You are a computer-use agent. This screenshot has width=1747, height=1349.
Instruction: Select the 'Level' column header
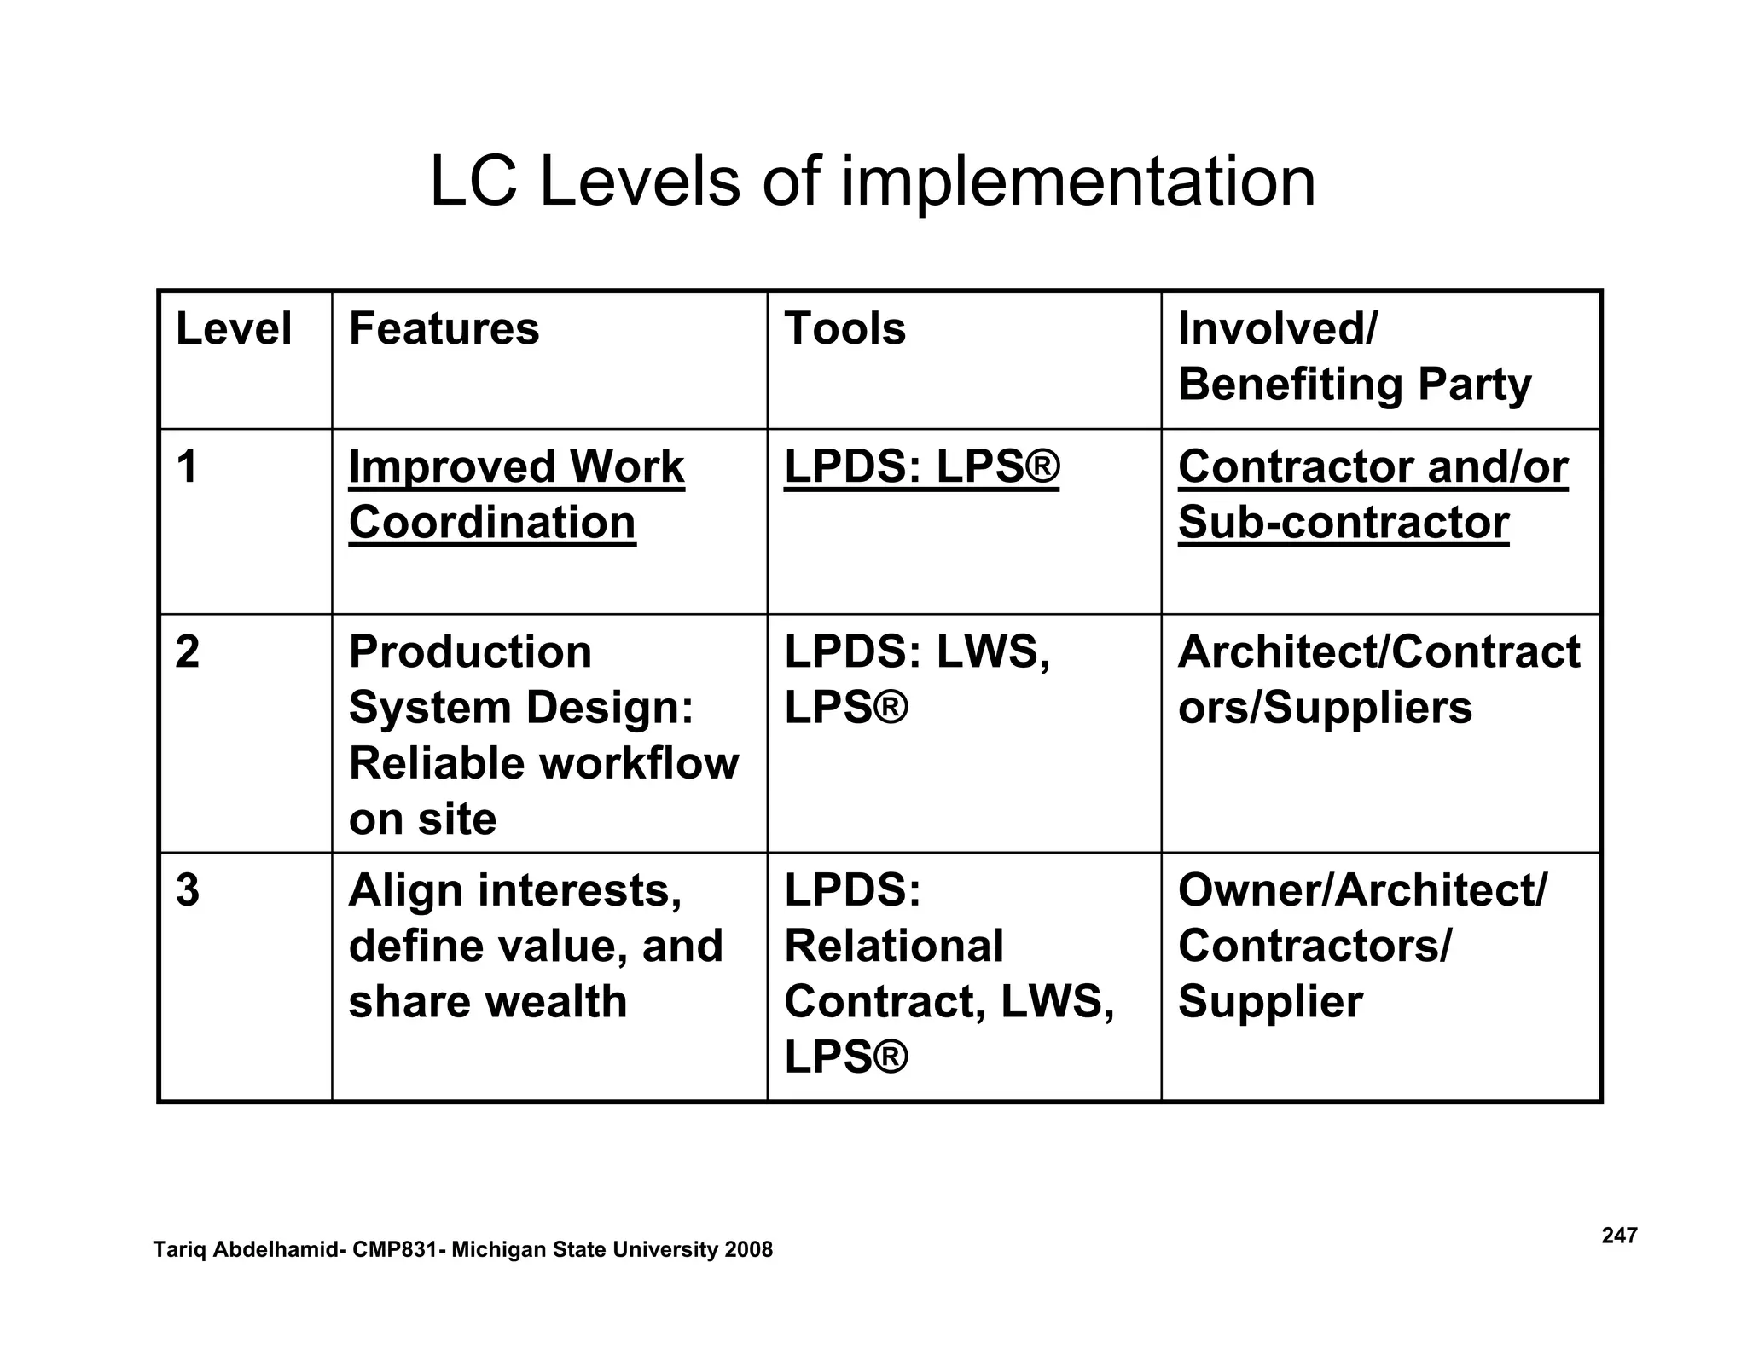point(233,329)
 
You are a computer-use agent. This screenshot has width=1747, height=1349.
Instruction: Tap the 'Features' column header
point(444,329)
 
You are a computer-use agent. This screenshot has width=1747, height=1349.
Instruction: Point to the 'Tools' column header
point(844,329)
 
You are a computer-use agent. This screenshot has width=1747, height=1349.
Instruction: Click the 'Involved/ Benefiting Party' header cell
point(1354,356)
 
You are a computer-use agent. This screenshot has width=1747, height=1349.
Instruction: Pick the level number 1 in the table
point(187,467)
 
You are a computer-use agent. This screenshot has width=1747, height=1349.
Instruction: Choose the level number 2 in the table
point(188,652)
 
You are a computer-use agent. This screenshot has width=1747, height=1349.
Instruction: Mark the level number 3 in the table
point(188,890)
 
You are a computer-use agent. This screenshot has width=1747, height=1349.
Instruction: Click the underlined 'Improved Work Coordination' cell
point(515,495)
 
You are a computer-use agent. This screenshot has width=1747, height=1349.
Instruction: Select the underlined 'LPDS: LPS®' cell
point(921,467)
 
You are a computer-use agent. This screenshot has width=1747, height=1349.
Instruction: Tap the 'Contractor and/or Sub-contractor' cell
point(1372,495)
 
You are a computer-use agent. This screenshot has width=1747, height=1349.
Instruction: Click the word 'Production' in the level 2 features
point(470,652)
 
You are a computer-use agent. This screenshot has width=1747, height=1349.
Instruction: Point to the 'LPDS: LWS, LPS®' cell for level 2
point(916,680)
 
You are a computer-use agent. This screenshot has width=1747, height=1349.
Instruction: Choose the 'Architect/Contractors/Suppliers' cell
point(1378,680)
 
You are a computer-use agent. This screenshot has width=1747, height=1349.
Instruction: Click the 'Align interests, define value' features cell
point(535,945)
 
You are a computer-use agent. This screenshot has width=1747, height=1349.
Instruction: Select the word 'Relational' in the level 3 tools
point(893,946)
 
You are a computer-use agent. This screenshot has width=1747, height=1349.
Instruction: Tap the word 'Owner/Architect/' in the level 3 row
point(1361,890)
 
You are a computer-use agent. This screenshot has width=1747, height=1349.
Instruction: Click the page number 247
point(1619,1236)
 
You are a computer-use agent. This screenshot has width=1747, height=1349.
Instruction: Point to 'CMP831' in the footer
point(395,1250)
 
